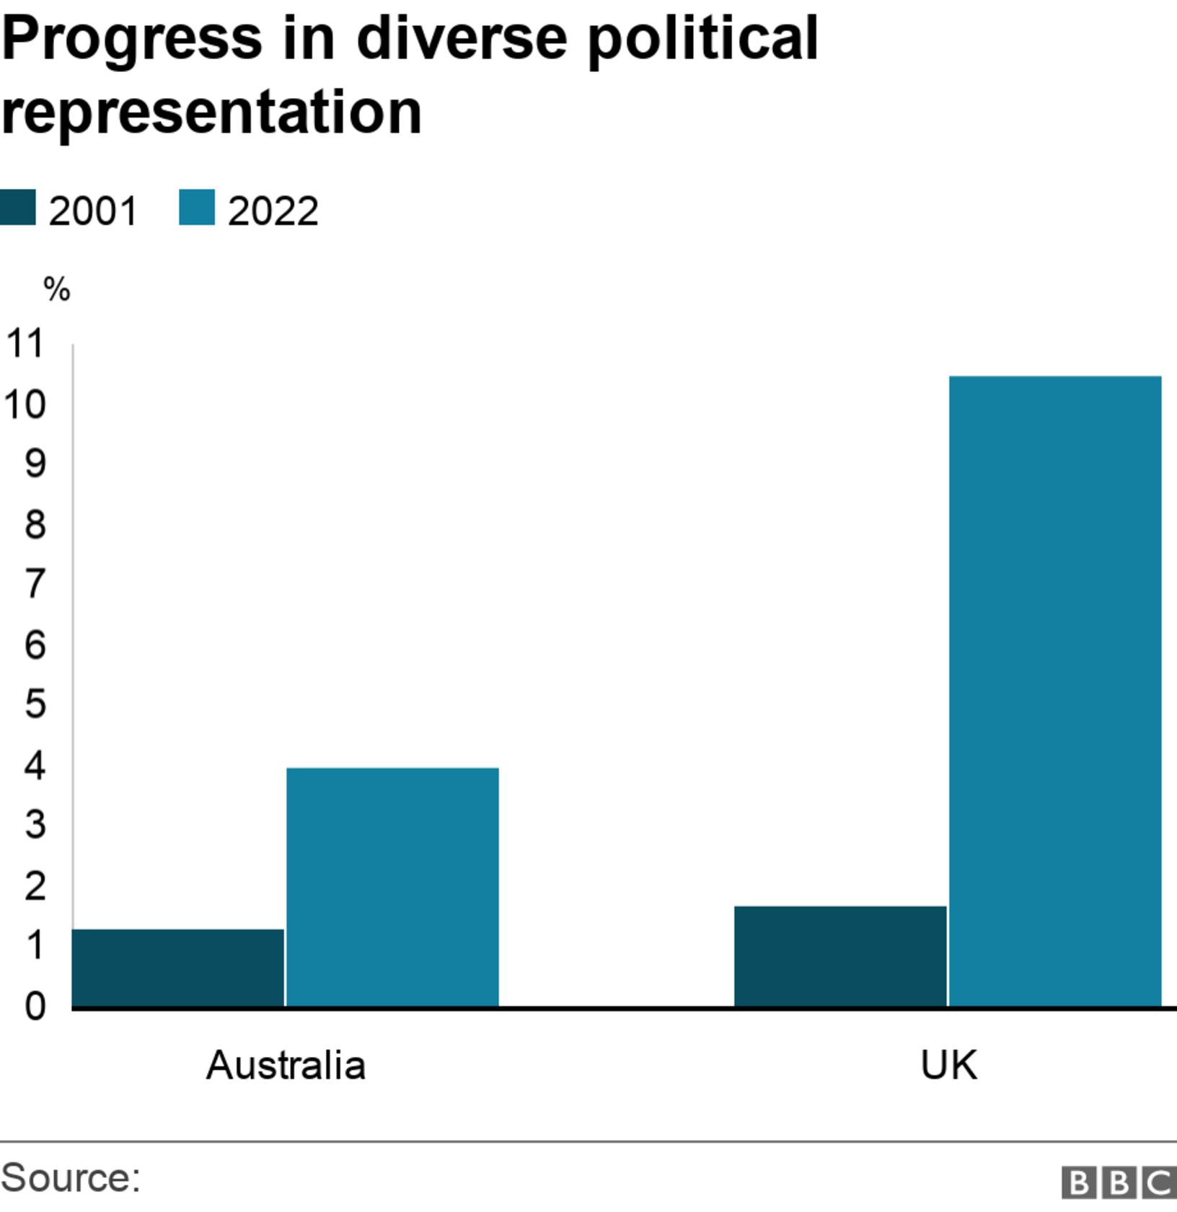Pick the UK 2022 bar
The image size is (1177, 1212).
1054,690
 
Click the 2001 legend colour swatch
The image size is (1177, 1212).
17,208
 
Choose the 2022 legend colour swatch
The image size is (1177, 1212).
197,208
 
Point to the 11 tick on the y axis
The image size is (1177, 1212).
24,343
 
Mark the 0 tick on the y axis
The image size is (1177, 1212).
35,1005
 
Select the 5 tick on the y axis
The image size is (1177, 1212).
35,704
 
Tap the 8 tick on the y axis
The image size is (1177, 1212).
35,524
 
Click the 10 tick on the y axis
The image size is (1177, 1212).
24,404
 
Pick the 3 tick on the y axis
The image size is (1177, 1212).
35,824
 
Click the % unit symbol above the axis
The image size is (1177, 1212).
56,290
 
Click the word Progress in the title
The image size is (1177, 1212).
132,37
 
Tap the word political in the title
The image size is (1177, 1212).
702,37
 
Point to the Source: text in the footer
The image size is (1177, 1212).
71,1177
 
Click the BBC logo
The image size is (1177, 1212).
1119,1182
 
